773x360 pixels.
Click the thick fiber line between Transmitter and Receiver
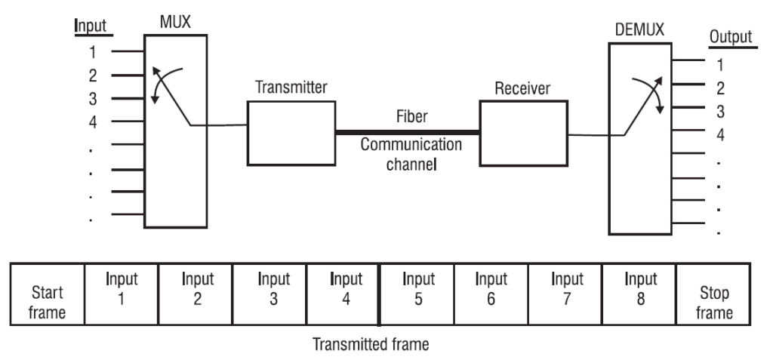pos(408,132)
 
